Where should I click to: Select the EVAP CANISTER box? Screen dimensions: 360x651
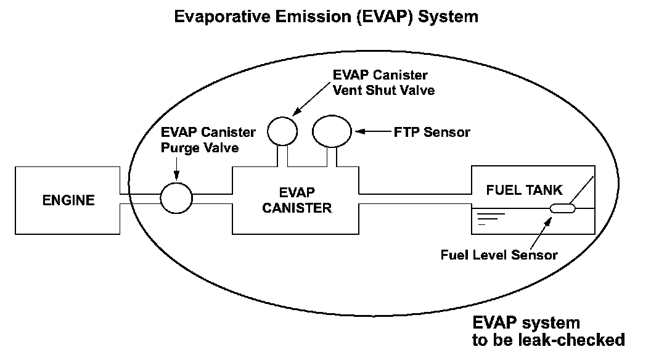(x=297, y=200)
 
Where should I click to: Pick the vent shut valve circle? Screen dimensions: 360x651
(x=282, y=131)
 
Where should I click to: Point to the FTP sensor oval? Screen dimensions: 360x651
(x=332, y=131)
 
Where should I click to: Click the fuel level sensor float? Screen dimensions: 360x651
(x=562, y=209)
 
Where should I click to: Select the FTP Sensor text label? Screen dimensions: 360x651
(x=432, y=131)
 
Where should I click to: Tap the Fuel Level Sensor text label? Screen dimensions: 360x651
(x=499, y=255)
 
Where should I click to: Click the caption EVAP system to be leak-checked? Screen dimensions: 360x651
(x=548, y=331)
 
